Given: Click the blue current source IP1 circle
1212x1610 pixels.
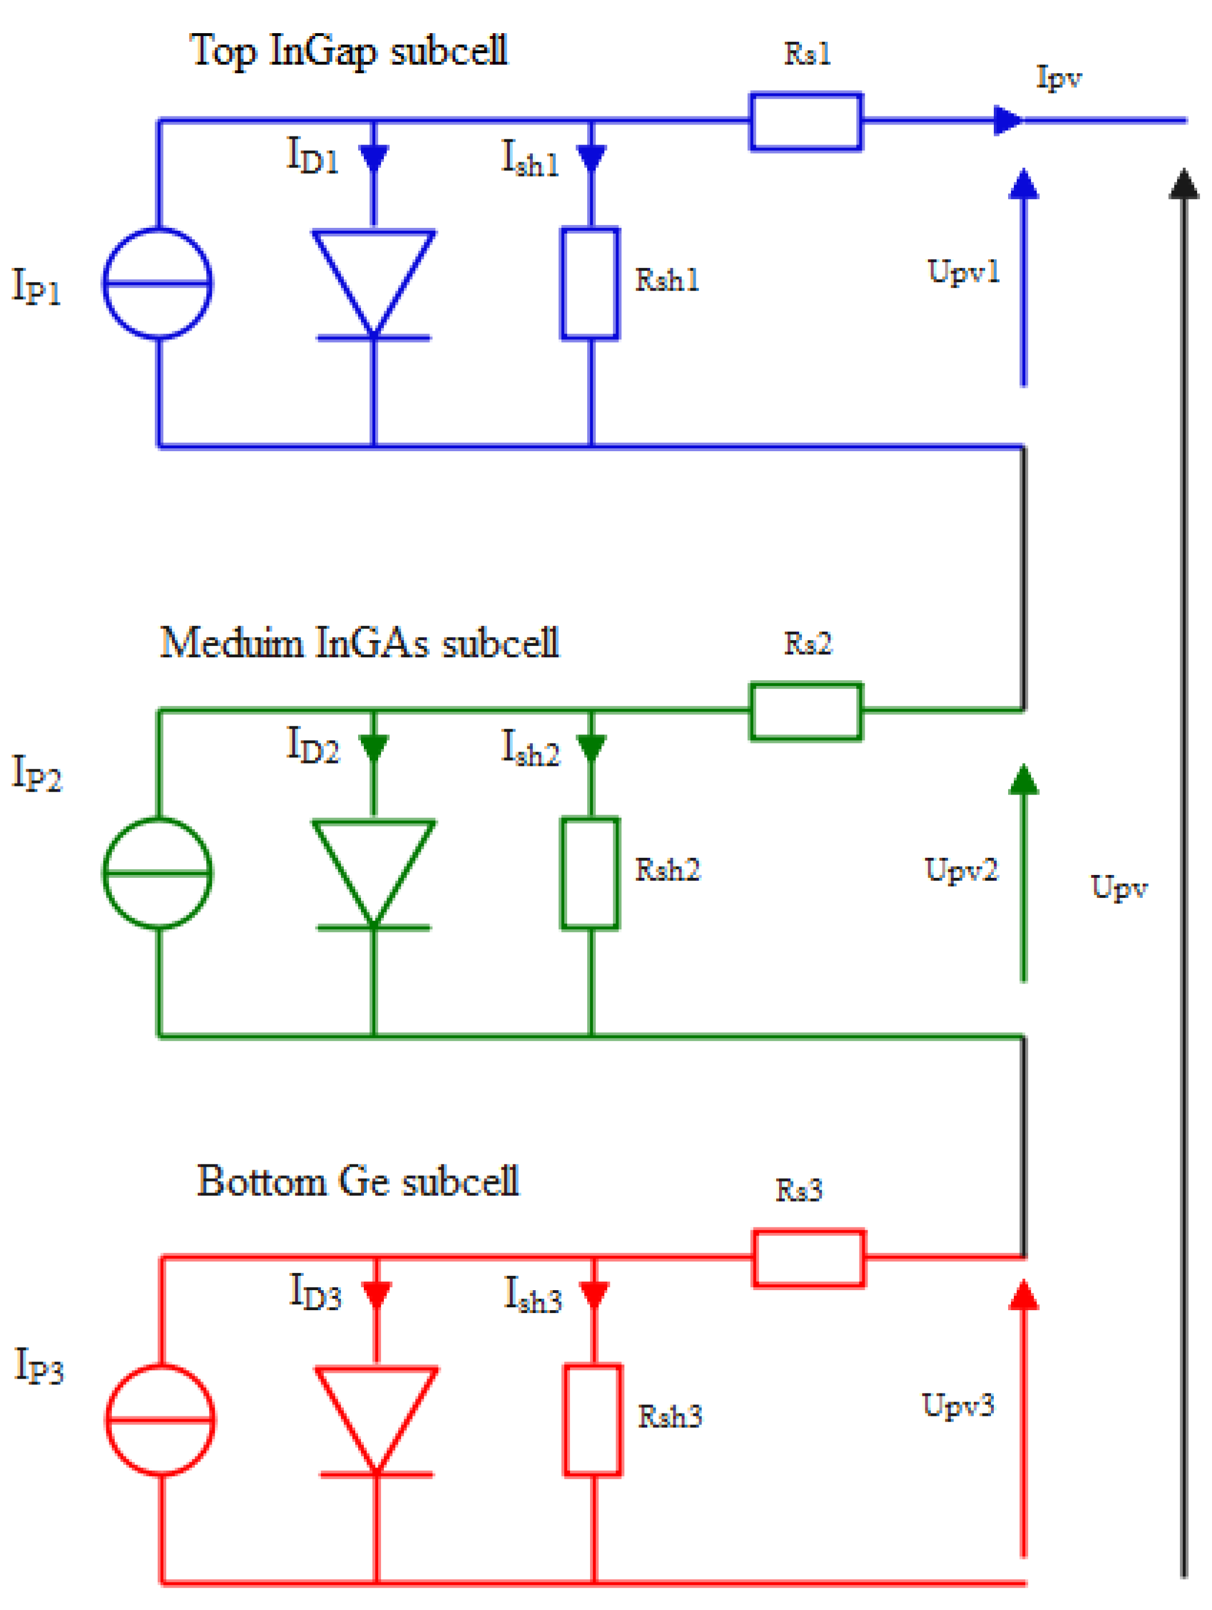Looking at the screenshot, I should [157, 283].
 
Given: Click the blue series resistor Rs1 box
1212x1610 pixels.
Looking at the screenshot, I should [806, 122].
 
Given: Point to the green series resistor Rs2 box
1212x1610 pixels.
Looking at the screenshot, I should [806, 711].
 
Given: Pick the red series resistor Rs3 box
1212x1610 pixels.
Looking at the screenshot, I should [809, 1258].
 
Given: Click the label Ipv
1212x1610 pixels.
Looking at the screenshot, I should [1058, 77].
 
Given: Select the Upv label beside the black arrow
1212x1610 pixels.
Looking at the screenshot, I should [1119, 886].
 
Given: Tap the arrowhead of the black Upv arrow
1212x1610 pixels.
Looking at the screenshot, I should [1183, 183].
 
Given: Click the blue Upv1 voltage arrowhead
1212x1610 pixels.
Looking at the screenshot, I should [1024, 184].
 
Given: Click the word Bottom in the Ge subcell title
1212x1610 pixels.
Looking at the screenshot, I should [262, 1181].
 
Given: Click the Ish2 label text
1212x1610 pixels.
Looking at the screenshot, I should [531, 748].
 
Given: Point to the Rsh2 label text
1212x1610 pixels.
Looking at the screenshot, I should [668, 870].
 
